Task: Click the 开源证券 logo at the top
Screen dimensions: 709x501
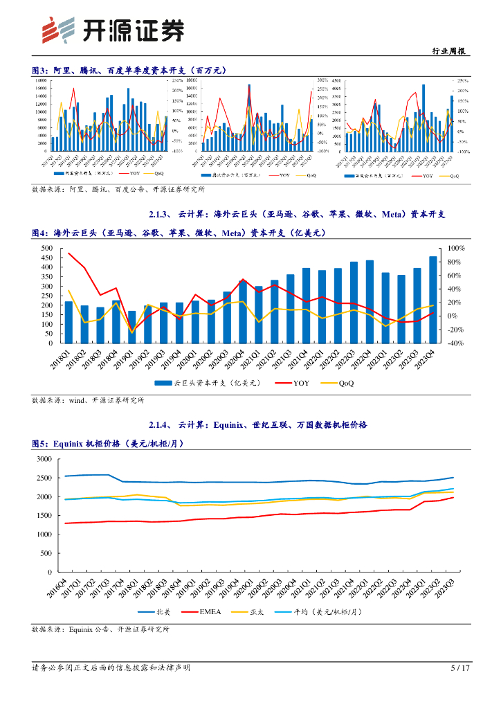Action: (x=113, y=30)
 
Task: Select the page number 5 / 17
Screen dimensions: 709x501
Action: (x=460, y=668)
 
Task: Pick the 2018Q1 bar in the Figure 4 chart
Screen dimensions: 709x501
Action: (x=69, y=322)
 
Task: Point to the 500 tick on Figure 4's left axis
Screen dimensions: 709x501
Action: (x=48, y=248)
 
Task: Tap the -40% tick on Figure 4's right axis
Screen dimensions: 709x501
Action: (x=455, y=343)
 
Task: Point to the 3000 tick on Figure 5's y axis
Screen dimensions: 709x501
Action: (x=43, y=459)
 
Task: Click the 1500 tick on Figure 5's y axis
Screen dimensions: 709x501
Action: (x=43, y=516)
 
